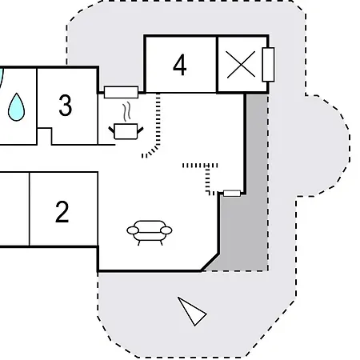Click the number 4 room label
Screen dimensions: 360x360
click(x=179, y=65)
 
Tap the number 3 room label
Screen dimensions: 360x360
click(x=66, y=105)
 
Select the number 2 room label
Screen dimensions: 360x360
click(x=62, y=212)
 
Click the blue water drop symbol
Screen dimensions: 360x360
click(x=16, y=107)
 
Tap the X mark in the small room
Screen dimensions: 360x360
click(x=241, y=65)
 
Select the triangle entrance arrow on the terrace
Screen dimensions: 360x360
click(x=191, y=311)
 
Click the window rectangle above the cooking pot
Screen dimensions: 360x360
click(x=121, y=92)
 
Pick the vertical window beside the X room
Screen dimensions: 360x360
click(x=268, y=65)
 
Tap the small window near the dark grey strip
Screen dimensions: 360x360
click(x=232, y=194)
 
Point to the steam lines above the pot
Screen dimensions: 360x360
click(x=127, y=111)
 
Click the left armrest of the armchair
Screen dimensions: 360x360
click(x=133, y=230)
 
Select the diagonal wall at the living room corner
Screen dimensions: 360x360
click(x=210, y=262)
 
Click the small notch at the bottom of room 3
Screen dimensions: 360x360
click(x=44, y=136)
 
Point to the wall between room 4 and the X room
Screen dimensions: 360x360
click(x=218, y=65)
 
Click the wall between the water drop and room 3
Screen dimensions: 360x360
click(x=37, y=106)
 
